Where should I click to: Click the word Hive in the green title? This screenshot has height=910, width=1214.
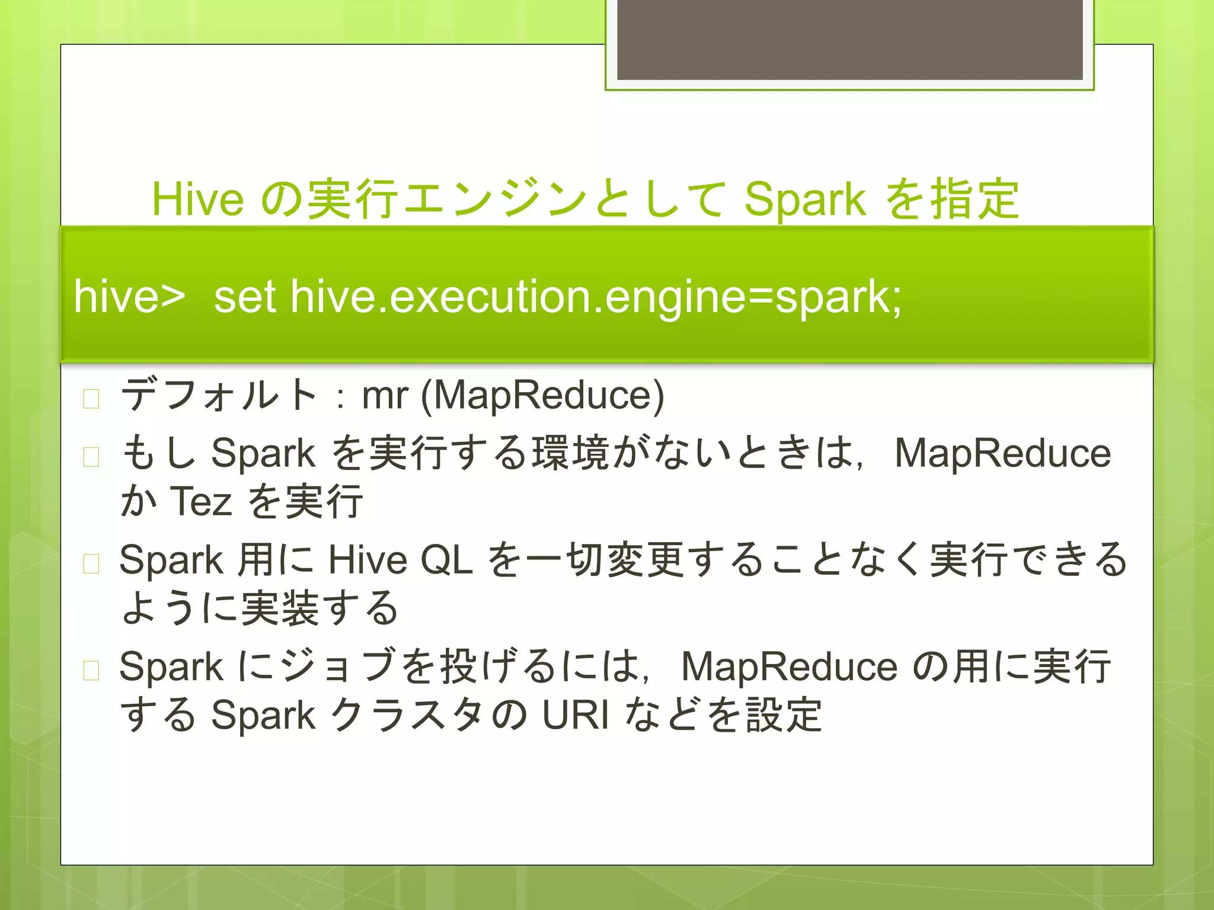(197, 199)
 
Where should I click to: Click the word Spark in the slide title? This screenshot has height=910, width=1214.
(804, 200)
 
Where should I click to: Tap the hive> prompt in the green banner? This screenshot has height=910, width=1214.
(129, 296)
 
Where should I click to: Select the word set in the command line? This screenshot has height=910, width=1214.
(244, 296)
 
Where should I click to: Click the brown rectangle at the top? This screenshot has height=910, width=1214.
(849, 39)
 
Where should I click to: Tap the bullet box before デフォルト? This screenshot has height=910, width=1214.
(91, 399)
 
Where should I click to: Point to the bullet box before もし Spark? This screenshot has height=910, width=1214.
(91, 457)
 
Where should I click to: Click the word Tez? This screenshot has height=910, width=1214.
(201, 501)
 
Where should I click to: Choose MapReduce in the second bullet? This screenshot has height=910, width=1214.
(1002, 454)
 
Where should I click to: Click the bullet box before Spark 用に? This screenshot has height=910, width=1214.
(91, 563)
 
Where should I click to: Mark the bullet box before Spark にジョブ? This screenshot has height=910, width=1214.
(91, 670)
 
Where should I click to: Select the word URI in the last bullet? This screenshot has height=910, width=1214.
(575, 715)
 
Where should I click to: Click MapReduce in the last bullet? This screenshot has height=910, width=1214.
(789, 667)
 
